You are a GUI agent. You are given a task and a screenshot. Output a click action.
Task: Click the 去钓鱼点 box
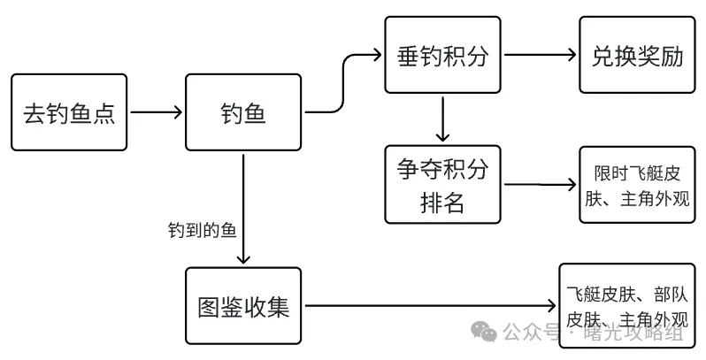tap(69, 113)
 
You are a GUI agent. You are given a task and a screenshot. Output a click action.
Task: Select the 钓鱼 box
tap(243, 113)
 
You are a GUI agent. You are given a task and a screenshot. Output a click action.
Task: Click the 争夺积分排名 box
tap(444, 185)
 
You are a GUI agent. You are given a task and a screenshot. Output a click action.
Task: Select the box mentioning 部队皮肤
tap(628, 307)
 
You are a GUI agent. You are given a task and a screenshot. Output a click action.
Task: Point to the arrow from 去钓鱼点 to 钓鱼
tap(156, 112)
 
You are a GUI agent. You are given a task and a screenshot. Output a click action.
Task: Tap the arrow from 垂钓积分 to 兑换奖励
tap(540, 55)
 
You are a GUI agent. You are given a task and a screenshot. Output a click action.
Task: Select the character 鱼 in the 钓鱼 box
tap(257, 113)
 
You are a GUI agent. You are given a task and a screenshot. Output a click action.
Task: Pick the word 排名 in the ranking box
tap(444, 202)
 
